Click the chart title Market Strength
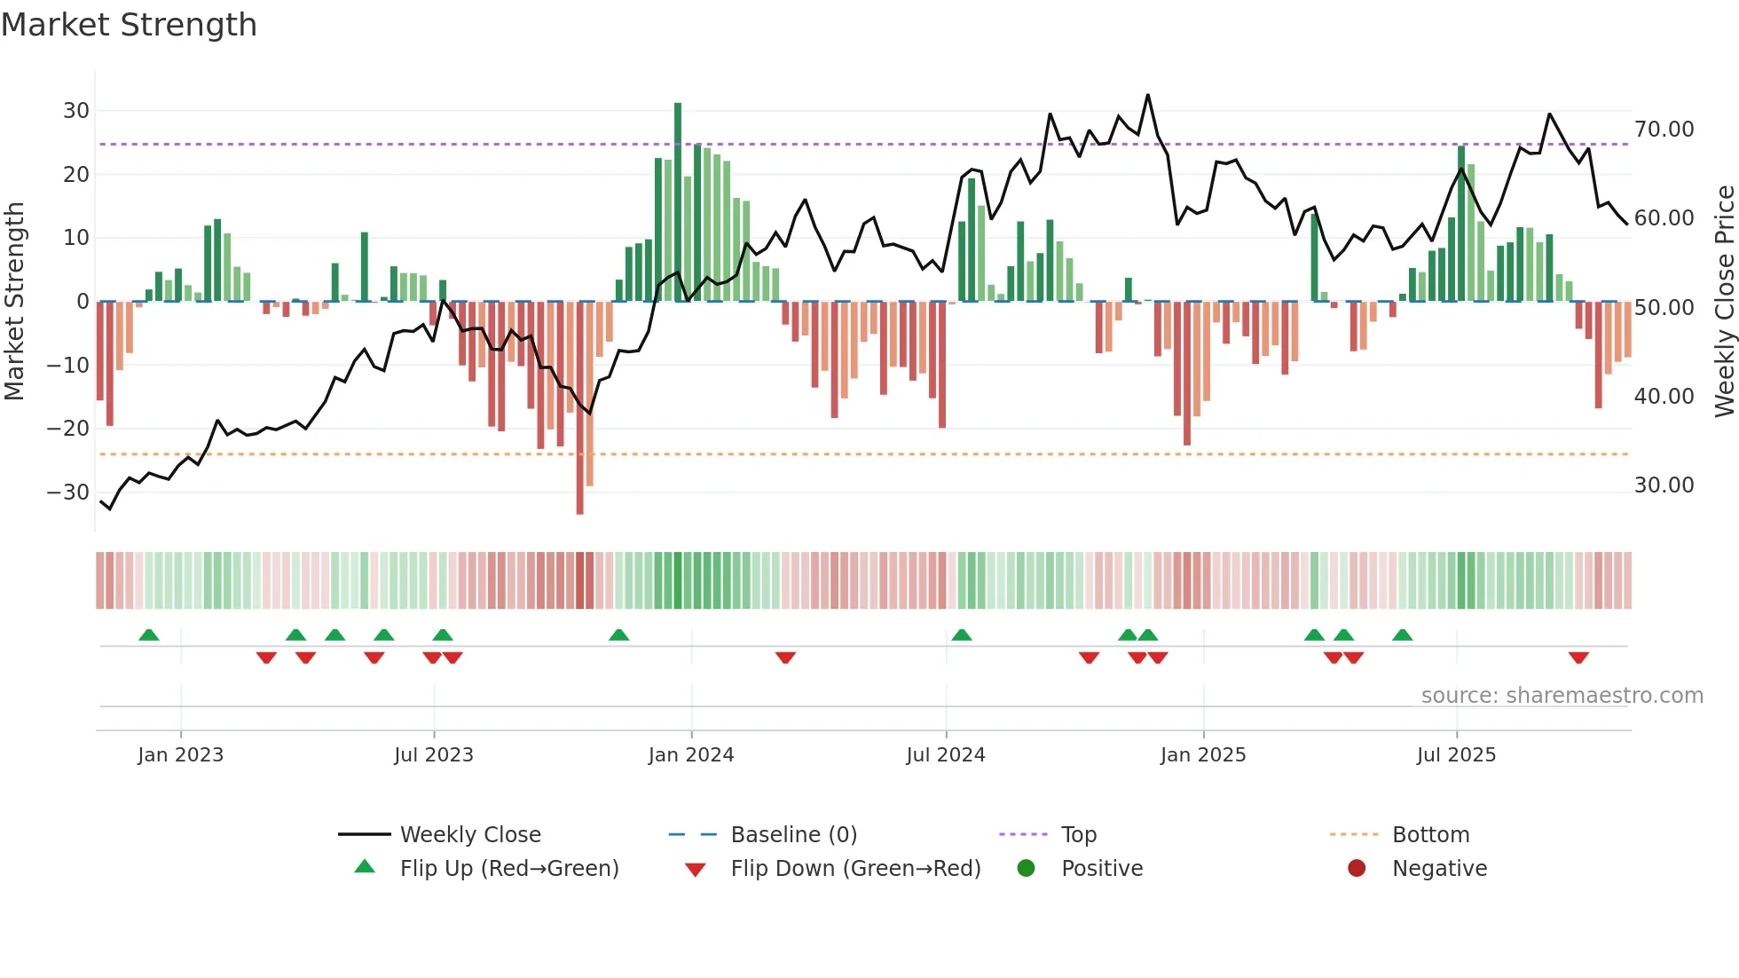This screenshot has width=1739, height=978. coord(129,25)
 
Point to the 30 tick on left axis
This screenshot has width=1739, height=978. coord(76,111)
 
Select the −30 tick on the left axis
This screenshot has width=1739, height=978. coord(69,492)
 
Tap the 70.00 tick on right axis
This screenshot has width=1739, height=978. coord(1664,130)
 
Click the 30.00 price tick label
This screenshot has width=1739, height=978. coord(1664,485)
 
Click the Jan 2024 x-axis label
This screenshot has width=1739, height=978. coord(691,755)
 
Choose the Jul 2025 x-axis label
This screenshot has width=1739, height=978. coord(1456,755)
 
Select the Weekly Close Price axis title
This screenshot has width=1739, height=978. coord(1724,302)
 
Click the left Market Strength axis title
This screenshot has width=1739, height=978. coord(14,302)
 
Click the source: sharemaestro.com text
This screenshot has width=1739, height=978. coord(1562,696)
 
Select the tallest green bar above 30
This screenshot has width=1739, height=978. coord(678,202)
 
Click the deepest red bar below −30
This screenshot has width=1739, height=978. coord(580,408)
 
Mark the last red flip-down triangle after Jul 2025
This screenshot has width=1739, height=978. coord(1578,658)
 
